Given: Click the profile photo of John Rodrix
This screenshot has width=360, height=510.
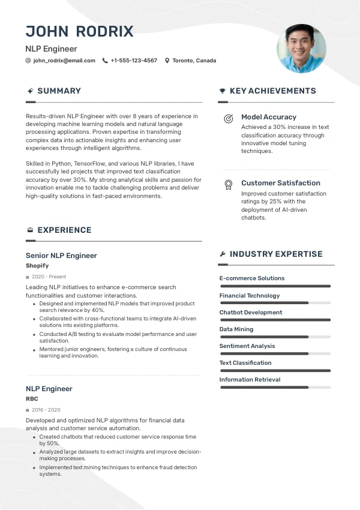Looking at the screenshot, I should (x=301, y=49).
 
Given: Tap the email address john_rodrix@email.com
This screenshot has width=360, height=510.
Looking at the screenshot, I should (x=64, y=61).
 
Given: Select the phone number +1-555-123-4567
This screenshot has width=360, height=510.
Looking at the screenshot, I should (x=134, y=61).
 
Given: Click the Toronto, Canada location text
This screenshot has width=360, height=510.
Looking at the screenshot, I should (x=194, y=61).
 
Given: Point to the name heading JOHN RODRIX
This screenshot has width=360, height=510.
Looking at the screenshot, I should (x=79, y=31).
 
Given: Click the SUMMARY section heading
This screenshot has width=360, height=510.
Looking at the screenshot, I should (x=59, y=91).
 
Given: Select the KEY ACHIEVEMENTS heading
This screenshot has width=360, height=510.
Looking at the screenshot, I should (x=272, y=91).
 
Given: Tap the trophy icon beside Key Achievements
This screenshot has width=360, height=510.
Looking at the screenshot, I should (x=223, y=91).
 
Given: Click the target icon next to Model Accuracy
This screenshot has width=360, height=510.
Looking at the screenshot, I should (x=228, y=118).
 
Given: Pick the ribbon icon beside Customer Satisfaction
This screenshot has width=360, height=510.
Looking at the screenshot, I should (x=228, y=184).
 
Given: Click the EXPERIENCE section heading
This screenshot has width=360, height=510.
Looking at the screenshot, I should (x=64, y=230).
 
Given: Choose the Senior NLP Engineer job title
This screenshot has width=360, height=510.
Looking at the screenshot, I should (x=61, y=256).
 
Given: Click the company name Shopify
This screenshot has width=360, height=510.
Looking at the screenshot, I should (x=37, y=265).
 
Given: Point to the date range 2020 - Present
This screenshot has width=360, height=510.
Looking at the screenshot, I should (x=49, y=277).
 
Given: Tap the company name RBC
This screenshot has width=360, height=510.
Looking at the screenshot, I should (x=32, y=398).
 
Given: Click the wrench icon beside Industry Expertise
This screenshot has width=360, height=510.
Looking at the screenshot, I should (x=223, y=254).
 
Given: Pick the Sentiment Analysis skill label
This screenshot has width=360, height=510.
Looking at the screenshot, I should (x=247, y=346).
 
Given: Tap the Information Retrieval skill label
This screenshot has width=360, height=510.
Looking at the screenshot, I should (x=250, y=380).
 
